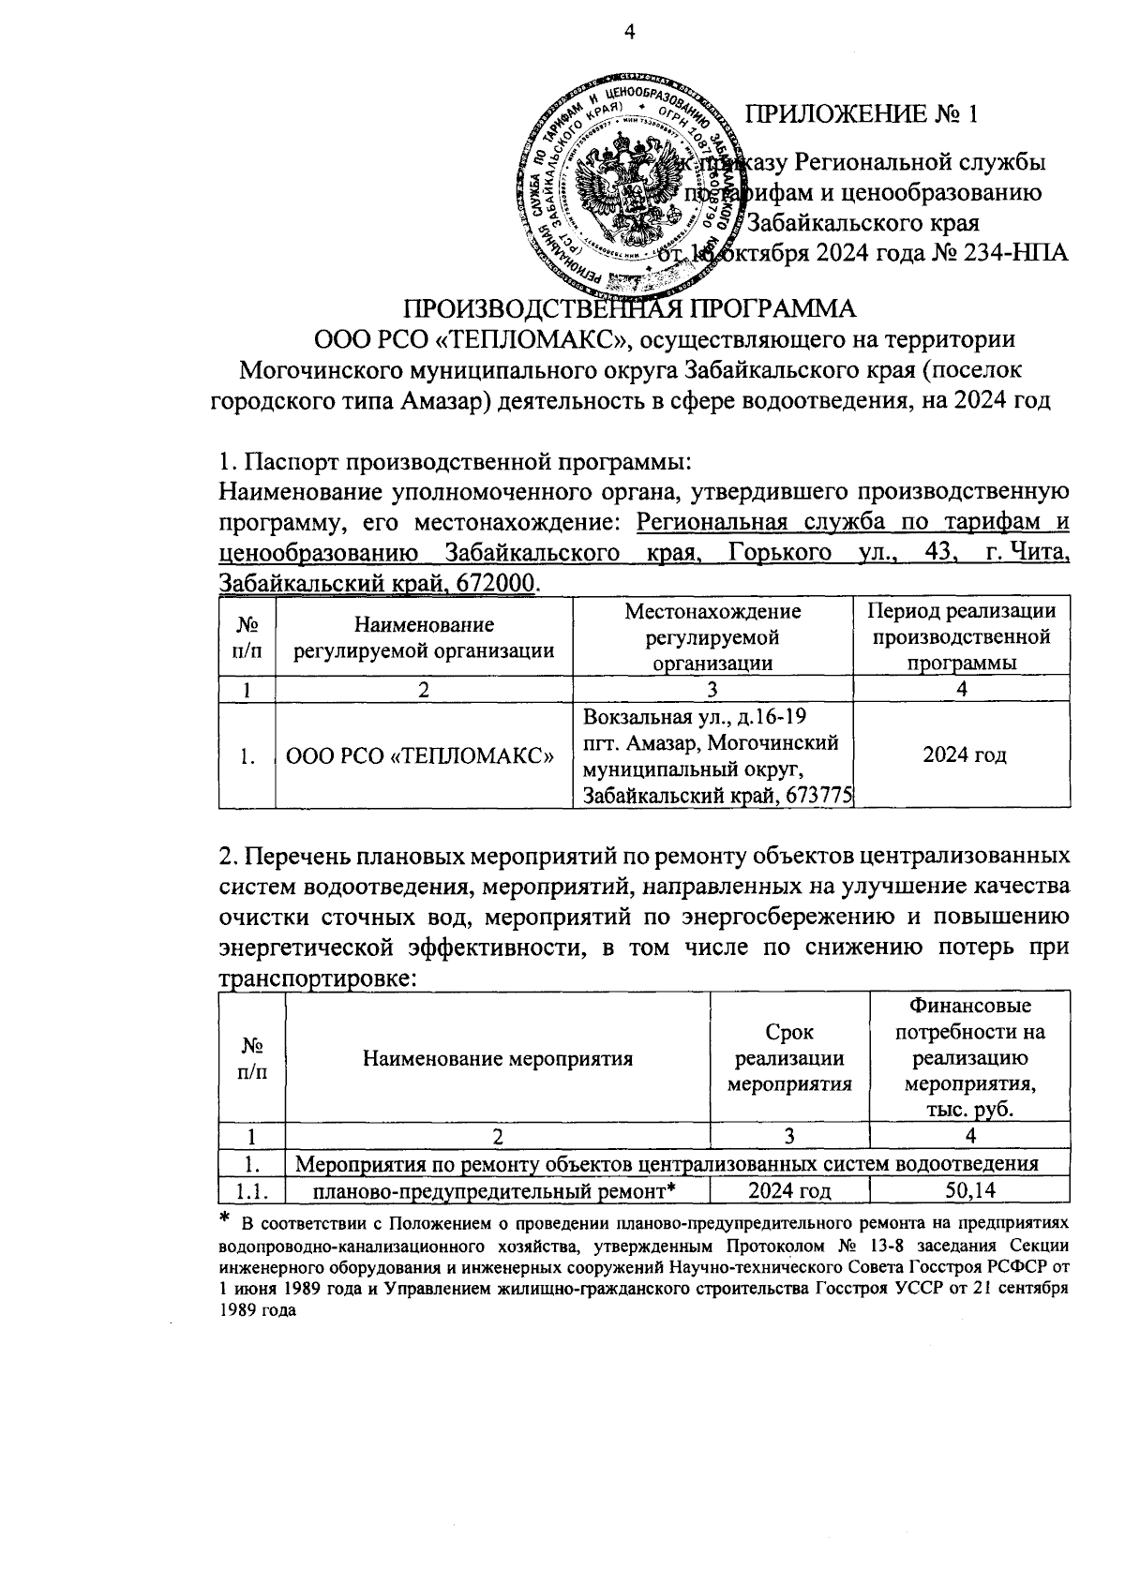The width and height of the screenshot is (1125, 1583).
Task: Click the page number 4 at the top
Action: coord(629,32)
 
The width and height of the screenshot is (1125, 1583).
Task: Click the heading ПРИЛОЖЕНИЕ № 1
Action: coord(861,114)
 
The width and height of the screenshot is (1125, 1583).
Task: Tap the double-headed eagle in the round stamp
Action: coord(626,188)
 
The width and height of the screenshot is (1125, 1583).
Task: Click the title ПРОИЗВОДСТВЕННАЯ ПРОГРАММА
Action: coord(629,310)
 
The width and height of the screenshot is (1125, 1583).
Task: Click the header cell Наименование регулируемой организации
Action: coord(424,637)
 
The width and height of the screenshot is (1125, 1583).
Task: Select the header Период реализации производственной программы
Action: coord(962,637)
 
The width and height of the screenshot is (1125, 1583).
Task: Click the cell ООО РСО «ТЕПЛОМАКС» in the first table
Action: coord(420,755)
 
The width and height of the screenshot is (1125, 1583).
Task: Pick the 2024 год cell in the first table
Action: coord(962,755)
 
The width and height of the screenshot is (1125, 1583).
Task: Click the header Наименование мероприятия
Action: coord(498,1059)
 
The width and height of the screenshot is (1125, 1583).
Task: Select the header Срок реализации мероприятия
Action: coord(789,1059)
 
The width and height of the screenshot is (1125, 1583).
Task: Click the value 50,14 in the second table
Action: coord(970,1191)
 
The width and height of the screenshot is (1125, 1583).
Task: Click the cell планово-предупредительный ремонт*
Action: coord(495,1191)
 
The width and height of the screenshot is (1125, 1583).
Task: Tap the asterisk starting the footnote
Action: coord(224,1218)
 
